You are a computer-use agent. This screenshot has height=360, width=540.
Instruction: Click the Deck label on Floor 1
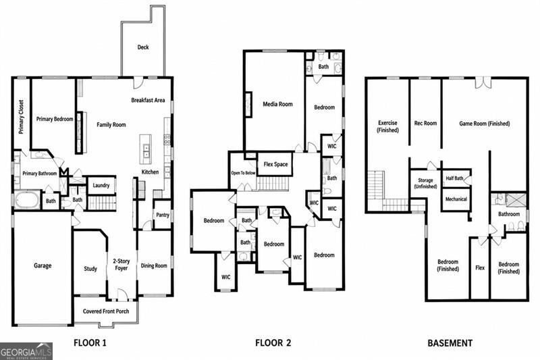click(143, 47)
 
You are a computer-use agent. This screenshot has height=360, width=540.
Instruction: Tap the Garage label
click(43, 265)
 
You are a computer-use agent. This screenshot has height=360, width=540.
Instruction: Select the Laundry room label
click(101, 185)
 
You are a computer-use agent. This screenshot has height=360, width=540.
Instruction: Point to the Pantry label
click(163, 215)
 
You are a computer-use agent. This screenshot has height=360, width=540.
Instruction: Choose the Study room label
click(90, 269)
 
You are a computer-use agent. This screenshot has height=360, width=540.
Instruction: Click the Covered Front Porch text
click(106, 311)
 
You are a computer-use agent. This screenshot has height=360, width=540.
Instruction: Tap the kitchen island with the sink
click(146, 149)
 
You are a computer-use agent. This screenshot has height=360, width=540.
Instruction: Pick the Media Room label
click(277, 104)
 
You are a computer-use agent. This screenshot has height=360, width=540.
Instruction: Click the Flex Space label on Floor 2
click(275, 164)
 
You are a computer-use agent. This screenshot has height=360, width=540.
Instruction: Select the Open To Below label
click(243, 173)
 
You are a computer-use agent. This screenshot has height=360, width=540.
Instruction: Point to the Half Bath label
click(454, 178)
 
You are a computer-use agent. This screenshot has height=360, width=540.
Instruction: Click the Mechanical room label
click(456, 199)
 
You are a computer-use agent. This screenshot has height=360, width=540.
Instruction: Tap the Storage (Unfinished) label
click(425, 183)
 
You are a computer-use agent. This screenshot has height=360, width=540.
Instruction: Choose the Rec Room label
click(425, 123)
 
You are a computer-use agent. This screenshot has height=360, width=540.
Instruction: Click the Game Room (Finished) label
click(484, 124)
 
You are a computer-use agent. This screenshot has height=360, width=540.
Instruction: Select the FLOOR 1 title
click(90, 342)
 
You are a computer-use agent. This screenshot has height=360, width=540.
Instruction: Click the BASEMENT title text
click(450, 343)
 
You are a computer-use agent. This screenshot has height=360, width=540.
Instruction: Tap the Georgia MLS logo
click(26, 351)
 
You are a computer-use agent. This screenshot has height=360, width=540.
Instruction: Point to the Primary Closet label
click(22, 117)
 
